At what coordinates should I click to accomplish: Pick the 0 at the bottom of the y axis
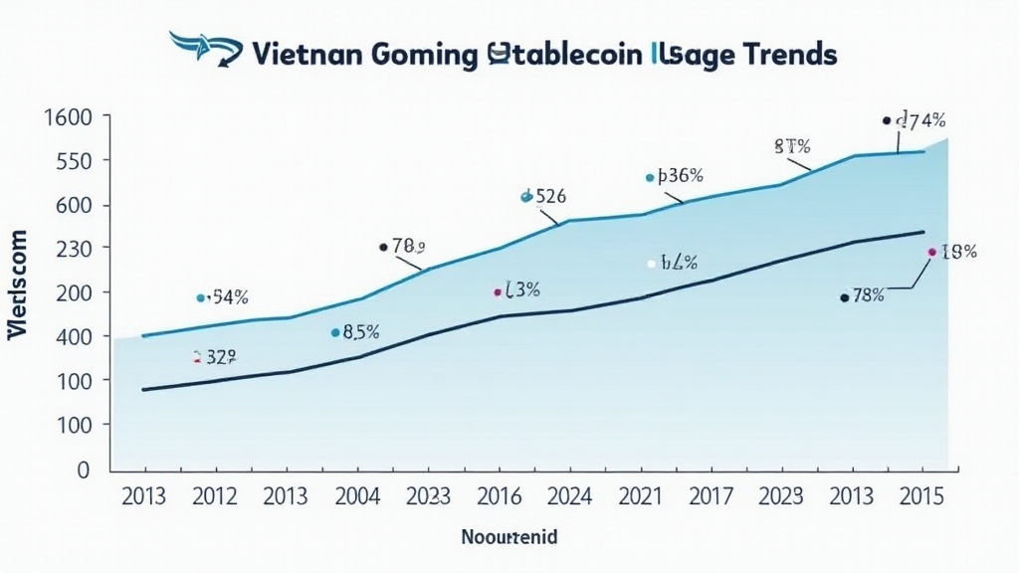coord(86,469)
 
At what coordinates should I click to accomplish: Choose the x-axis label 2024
coord(572,494)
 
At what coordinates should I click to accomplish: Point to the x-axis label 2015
coord(921,494)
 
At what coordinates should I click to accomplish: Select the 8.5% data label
coord(361,333)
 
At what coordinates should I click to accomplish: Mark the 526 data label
coord(550,196)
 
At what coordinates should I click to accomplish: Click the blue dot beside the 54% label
coord(201,297)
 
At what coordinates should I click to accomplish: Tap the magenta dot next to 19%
coord(931,253)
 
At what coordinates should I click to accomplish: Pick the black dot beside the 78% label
coord(844,297)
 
